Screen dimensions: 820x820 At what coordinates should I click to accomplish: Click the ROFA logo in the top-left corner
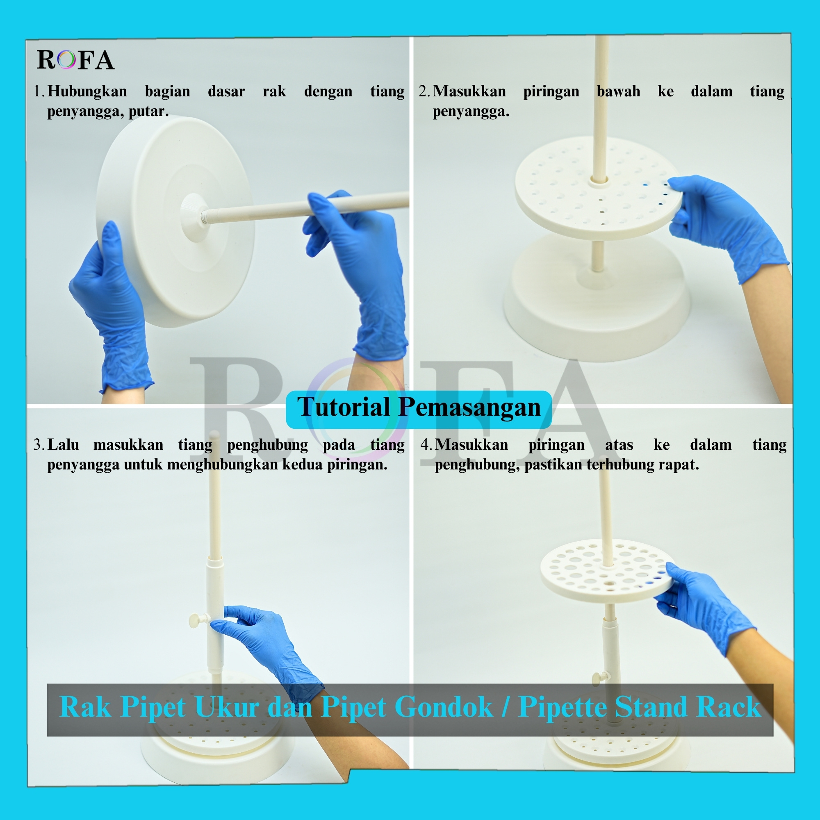75,60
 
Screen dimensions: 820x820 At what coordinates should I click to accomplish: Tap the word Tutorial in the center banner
343,407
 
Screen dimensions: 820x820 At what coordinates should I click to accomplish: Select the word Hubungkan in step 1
87,91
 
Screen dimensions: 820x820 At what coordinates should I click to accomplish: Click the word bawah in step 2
618,91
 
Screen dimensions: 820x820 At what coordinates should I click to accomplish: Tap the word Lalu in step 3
63,445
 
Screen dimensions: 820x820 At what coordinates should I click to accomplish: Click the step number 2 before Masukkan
424,91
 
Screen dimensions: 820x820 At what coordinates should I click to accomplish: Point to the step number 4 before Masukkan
426,445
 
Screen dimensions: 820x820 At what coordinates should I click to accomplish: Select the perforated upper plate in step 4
607,571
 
